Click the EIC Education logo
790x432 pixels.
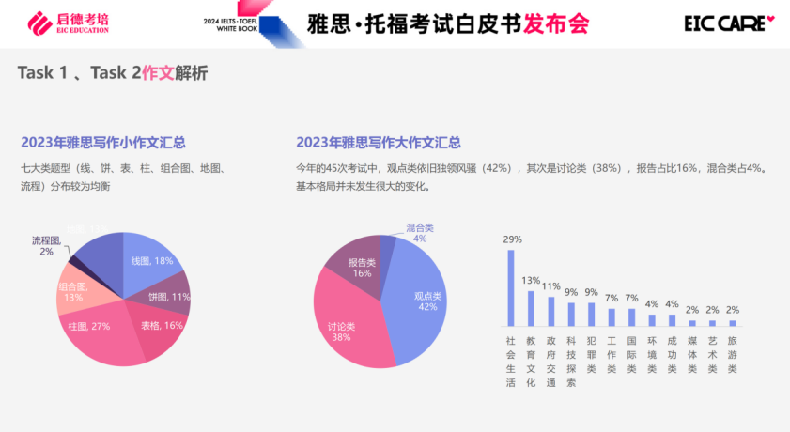point(68,23)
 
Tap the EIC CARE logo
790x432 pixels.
point(736,23)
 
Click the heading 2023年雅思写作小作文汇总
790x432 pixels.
point(102,143)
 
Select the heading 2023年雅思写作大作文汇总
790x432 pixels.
point(379,143)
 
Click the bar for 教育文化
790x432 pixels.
point(531,307)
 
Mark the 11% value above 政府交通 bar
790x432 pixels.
point(550,286)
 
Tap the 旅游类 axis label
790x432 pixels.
point(733,355)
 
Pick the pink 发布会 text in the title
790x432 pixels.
point(557,23)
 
